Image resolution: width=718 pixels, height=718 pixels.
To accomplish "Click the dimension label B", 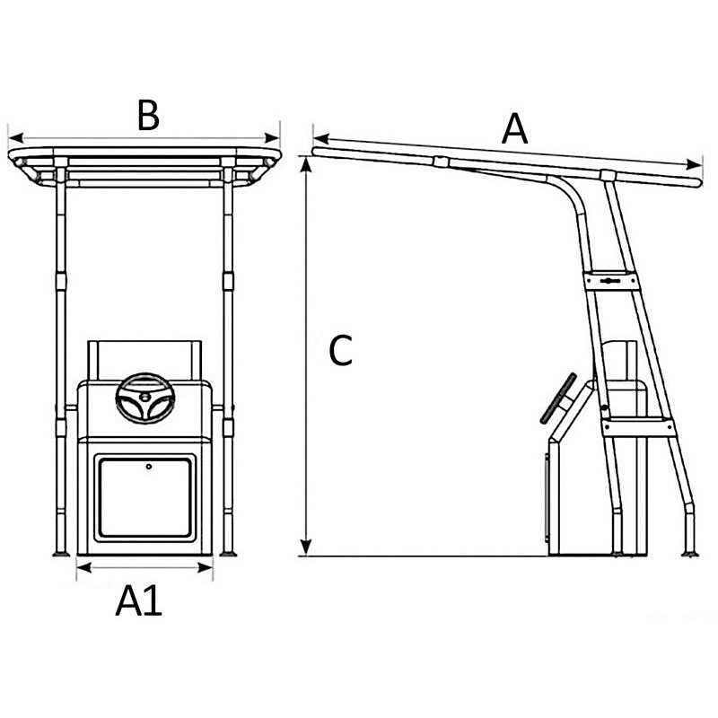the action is click(148, 116).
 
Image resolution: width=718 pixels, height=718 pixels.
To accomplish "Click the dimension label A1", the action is click(139, 600).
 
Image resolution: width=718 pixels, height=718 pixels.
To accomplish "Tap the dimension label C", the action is click(341, 350).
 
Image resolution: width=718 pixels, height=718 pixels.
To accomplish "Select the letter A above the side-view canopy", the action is click(514, 128).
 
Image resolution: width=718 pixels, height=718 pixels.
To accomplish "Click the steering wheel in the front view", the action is click(145, 398).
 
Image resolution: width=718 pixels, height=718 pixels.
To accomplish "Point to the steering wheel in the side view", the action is click(558, 398).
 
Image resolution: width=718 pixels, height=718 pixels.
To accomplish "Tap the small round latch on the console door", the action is click(149, 467).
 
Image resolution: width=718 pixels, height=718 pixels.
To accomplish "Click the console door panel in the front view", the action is click(144, 498).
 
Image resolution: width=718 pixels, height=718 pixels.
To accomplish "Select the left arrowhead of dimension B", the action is click(16, 137).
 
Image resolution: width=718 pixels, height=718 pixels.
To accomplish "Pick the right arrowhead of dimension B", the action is click(272, 137).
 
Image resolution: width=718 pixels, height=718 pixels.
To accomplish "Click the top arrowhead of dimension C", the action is click(306, 165).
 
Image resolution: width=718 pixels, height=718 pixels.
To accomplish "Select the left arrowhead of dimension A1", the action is click(84, 568).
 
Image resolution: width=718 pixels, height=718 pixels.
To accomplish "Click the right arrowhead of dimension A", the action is click(694, 164).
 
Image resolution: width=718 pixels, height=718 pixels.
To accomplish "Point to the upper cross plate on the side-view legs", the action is click(611, 280).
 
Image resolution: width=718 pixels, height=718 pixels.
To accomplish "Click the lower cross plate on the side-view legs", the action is click(638, 427).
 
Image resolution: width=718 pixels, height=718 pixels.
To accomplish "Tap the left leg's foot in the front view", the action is click(61, 554).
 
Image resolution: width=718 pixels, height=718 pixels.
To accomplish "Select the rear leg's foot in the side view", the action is click(690, 554).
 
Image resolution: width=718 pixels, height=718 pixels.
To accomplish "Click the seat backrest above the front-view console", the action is click(144, 361).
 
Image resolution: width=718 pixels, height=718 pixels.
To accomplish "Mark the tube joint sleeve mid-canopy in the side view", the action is click(441, 162).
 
